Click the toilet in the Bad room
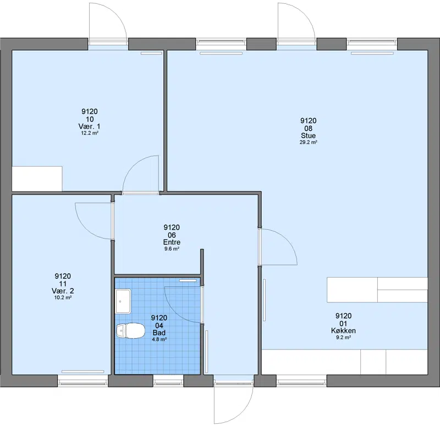click(x=130, y=330)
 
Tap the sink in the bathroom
click(x=123, y=301)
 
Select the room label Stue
click(x=308, y=135)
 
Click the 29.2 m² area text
click(x=308, y=142)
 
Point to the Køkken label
click(x=343, y=331)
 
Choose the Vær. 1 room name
click(x=89, y=126)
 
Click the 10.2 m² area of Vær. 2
click(x=63, y=297)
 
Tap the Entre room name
click(x=172, y=242)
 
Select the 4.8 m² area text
click(x=159, y=339)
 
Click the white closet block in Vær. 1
click(x=37, y=179)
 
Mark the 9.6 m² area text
click(x=172, y=249)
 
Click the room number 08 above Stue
click(x=308, y=128)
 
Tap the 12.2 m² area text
click(x=90, y=133)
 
